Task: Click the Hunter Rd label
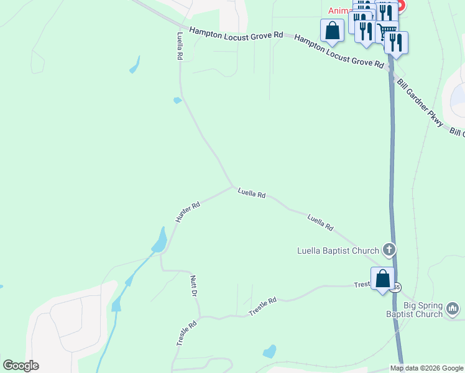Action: (187, 212)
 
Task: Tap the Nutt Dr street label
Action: (194, 286)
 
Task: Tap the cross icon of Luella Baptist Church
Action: (389, 250)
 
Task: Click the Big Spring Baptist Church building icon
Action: (453, 308)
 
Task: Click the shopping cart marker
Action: (387, 30)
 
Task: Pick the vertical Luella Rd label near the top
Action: (180, 46)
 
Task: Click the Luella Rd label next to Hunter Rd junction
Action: (251, 194)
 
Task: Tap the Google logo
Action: (21, 366)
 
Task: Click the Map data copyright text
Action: (426, 368)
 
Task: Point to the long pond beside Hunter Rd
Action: (160, 240)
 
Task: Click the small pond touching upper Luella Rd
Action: (177, 100)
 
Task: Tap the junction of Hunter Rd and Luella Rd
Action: (233, 186)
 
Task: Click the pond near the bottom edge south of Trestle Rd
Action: (269, 351)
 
